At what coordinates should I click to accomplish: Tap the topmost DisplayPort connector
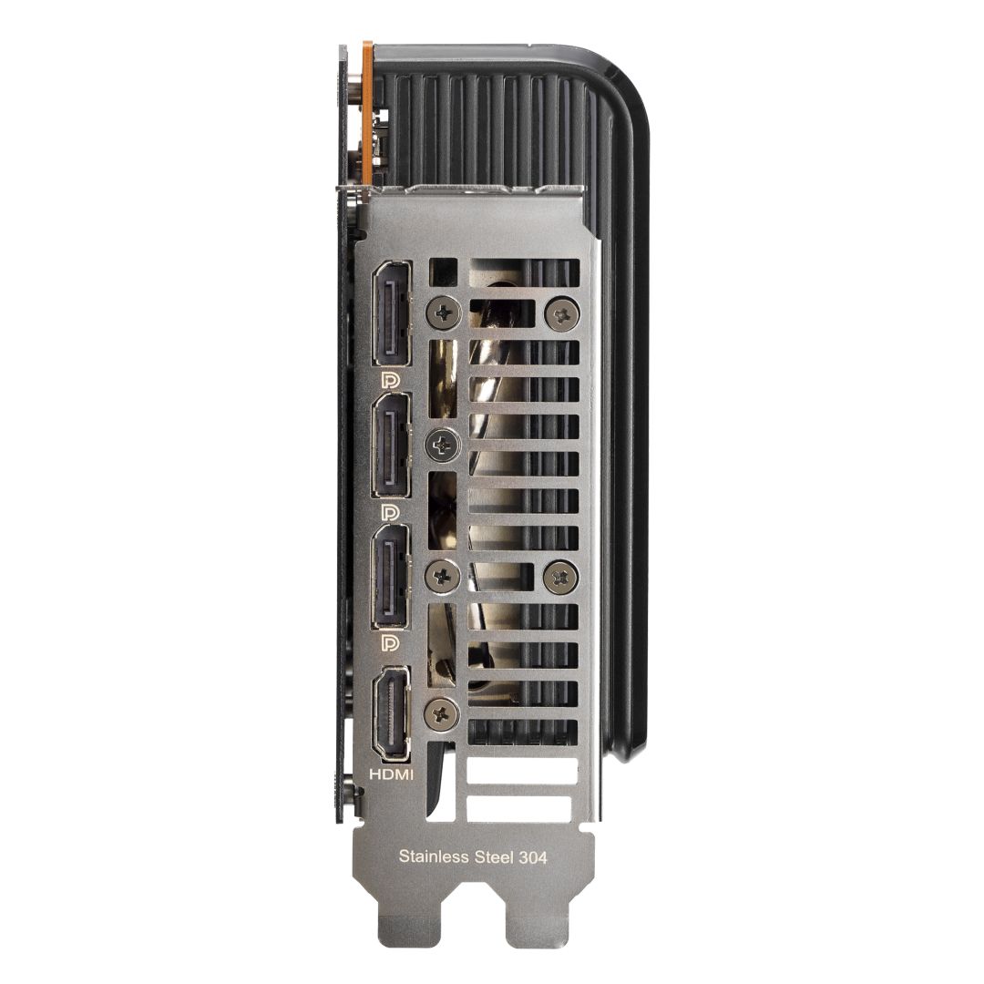[392, 314]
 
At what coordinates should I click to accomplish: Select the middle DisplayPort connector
[392, 446]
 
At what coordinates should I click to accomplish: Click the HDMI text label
[391, 774]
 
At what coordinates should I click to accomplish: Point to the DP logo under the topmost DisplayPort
[389, 378]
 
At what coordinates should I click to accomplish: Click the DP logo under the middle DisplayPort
[389, 511]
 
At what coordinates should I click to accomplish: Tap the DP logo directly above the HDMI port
[389, 643]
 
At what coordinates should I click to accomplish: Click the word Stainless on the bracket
[432, 856]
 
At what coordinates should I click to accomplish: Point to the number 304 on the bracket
[532, 856]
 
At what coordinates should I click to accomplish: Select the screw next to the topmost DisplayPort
[445, 313]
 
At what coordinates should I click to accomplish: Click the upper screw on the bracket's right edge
[561, 313]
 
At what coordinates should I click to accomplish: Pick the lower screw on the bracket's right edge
[561, 575]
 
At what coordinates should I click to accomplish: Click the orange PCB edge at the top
[367, 109]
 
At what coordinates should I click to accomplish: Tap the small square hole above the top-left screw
[444, 272]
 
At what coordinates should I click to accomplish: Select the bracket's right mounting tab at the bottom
[538, 920]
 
